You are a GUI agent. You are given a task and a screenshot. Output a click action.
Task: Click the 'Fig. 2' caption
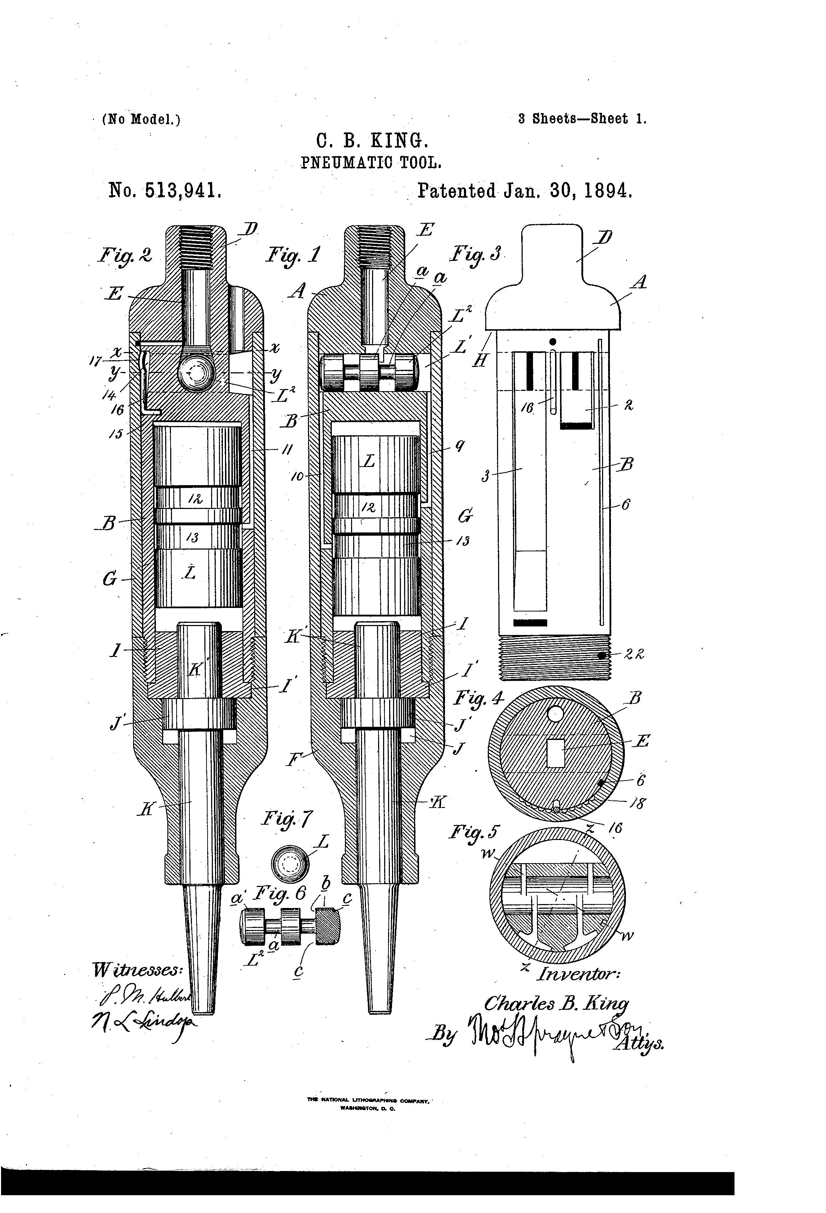click(125, 255)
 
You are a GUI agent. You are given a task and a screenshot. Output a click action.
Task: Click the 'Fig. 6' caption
click(279, 894)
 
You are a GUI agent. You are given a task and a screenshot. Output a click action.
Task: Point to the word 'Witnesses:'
click(137, 969)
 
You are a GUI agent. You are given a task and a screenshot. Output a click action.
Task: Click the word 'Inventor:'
click(579, 974)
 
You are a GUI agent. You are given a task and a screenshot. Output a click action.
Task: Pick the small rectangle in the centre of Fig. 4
click(555, 753)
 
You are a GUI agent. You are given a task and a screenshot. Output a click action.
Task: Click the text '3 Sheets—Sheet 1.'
click(582, 119)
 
